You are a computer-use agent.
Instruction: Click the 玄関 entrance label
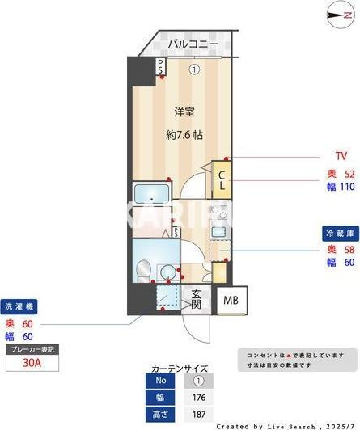(196, 299)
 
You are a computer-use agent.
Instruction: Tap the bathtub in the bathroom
(150, 196)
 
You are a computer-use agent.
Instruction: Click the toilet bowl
(144, 268)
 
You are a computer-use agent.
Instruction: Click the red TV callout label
(341, 156)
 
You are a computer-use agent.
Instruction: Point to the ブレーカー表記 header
(32, 350)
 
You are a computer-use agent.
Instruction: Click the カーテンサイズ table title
(179, 367)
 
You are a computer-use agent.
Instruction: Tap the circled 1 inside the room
(194, 70)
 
